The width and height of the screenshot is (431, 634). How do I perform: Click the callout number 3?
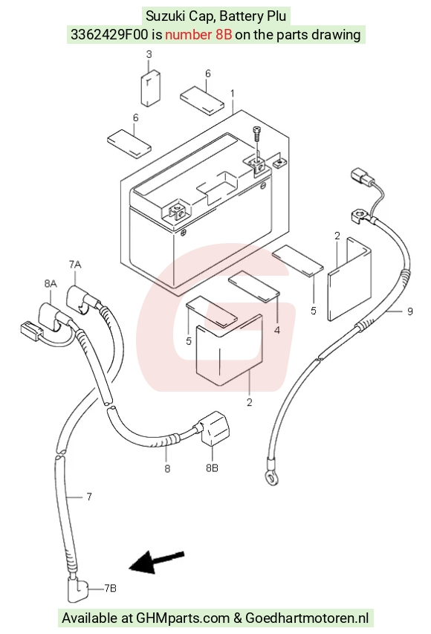[149, 54]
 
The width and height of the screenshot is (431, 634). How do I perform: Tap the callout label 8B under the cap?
[212, 468]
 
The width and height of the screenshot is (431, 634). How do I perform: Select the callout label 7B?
[110, 588]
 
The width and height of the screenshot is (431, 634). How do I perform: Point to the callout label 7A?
[75, 265]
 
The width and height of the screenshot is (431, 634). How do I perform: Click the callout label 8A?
[51, 284]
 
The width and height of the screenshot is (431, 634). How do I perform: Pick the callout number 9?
[409, 311]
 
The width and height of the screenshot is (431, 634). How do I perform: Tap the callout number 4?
[277, 330]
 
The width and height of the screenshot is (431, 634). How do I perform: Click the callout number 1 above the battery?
[233, 94]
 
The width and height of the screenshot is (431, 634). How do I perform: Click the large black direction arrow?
[157, 562]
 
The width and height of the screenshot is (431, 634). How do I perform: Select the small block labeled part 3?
[150, 88]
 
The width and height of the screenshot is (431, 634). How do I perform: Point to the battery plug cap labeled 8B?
[215, 428]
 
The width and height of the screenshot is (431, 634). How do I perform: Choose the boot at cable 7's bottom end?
[77, 591]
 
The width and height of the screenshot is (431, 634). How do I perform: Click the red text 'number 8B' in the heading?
[198, 35]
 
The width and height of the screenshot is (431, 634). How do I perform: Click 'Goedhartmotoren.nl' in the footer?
[307, 618]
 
